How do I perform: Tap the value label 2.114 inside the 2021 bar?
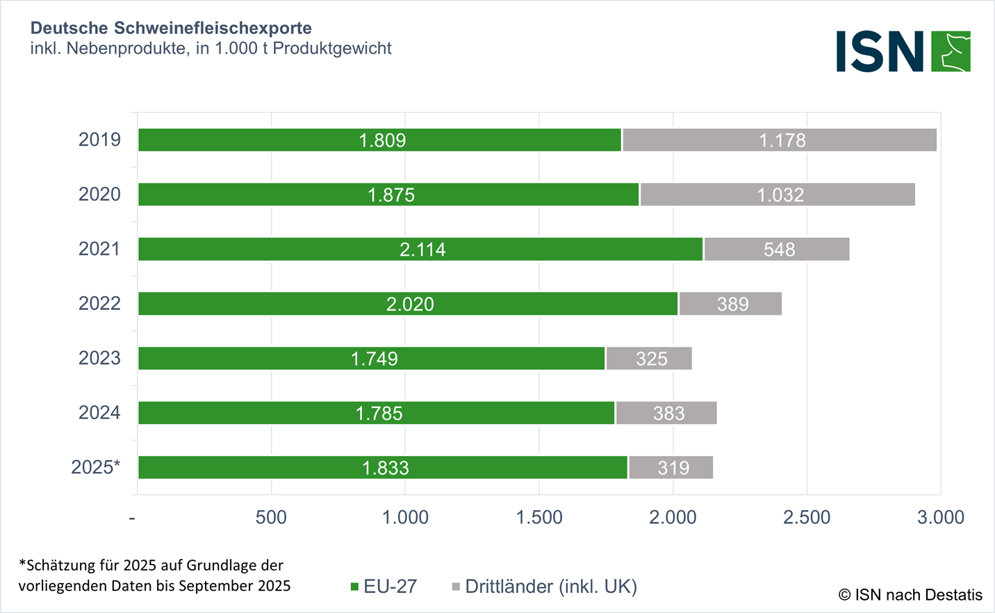pos(422,250)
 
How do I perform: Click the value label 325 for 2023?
pos(652,359)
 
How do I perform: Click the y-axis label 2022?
pos(99,304)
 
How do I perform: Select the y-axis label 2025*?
pos(96,467)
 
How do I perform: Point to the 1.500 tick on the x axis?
pos(539,517)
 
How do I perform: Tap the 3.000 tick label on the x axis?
pos(941,517)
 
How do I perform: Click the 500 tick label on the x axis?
pos(271,517)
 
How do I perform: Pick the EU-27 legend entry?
pos(384,587)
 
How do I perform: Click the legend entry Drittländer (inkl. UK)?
pos(545,587)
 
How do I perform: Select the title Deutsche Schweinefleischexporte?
pos(171,28)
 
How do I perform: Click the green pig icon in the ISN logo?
pos(951,51)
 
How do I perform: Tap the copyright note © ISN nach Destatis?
pos(910,595)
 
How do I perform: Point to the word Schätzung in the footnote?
pos(60,565)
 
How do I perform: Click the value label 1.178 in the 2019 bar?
pos(782,140)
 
